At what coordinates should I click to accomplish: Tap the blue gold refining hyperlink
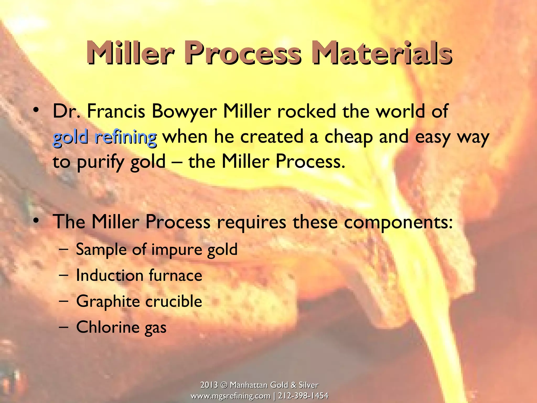[105, 137]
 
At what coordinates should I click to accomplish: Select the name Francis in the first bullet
[116, 111]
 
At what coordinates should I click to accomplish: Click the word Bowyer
[184, 111]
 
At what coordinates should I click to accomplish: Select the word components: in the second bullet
[398, 222]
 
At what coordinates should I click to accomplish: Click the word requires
[251, 222]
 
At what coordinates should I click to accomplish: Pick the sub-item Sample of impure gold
[157, 249]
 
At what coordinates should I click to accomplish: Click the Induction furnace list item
[139, 275]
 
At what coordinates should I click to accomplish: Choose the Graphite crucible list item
[139, 301]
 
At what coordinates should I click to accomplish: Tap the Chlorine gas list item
[121, 327]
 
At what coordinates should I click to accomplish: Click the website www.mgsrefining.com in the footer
[230, 396]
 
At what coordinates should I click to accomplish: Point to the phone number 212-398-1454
[303, 396]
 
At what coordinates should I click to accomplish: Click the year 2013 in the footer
[209, 385]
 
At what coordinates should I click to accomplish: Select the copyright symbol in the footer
[224, 385]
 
